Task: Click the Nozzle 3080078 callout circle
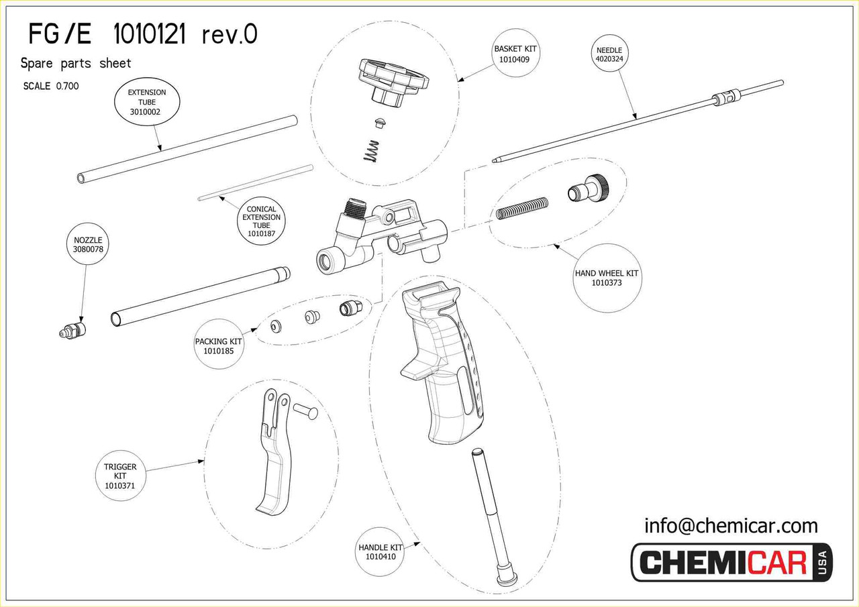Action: (87, 244)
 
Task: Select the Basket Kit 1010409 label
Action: (517, 54)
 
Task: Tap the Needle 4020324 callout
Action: (609, 54)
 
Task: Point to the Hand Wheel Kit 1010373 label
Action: (607, 278)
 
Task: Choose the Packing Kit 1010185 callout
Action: (218, 346)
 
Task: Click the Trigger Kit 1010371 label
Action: (120, 476)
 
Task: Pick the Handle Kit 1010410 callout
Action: (381, 552)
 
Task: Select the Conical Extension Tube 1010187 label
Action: (261, 221)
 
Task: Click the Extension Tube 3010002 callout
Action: (147, 102)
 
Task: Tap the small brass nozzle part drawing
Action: (71, 331)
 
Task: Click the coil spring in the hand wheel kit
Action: (523, 208)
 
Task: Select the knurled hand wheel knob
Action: (588, 188)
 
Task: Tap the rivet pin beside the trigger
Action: (305, 410)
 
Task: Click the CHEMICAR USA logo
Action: (731, 562)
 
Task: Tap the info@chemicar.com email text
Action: (731, 525)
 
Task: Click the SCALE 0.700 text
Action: (51, 86)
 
